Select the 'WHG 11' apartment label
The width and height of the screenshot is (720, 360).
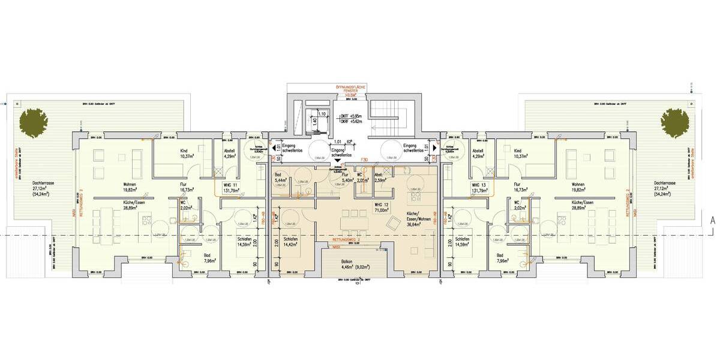click(231, 185)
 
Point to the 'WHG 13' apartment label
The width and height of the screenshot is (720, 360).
click(479, 185)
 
